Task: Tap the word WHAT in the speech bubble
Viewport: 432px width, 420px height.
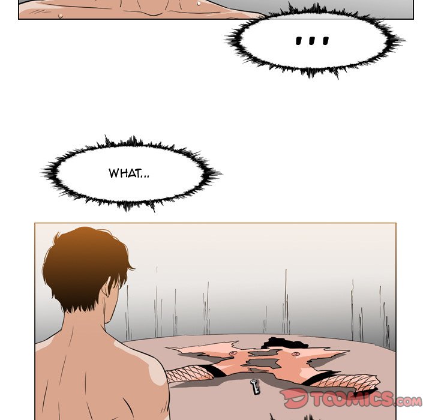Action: click(121, 173)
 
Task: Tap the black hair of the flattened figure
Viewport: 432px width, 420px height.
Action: click(277, 343)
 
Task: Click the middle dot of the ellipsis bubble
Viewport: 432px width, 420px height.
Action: click(312, 41)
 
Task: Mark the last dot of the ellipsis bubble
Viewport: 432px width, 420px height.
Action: click(325, 41)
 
